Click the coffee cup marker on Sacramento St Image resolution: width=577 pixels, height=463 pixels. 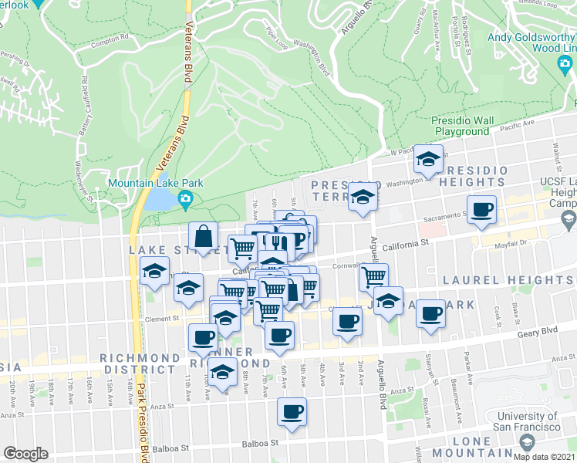point(482,209)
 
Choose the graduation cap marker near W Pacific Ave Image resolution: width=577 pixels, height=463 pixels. point(427,159)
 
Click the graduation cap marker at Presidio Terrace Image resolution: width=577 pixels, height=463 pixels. point(363,197)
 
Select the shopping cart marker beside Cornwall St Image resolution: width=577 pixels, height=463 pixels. point(373,276)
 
